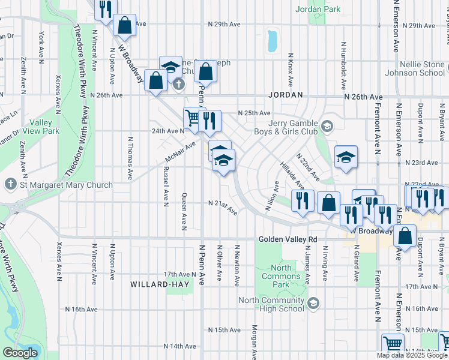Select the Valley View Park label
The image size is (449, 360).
tap(42, 126)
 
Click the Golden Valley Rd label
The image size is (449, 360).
tap(288, 239)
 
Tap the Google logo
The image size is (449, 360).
tap(19, 353)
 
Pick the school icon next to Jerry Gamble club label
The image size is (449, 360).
tap(327, 126)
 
